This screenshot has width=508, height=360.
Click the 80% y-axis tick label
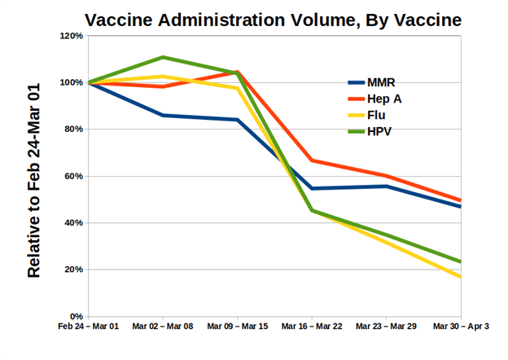pos(72,130)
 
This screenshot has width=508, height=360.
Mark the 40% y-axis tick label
pos(72,223)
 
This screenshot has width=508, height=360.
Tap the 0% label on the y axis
pos(75,317)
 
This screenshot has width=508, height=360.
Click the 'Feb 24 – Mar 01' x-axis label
pos(88,327)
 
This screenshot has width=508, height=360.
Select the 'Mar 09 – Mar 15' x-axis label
pos(237,327)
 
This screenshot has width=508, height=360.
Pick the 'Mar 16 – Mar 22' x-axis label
pos(312,327)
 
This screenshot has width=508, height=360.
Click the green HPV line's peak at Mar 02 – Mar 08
pos(163,57)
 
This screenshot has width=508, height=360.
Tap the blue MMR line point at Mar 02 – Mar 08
pos(163,115)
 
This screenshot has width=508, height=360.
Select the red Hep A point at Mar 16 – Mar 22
pos(313,160)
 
